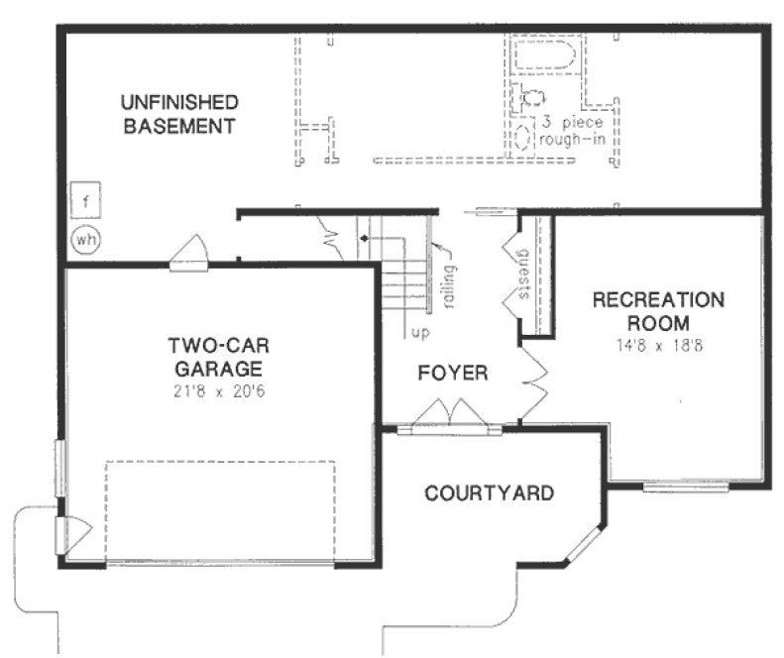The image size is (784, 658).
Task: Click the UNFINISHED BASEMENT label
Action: point(179,114)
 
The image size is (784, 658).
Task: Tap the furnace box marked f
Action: point(86,203)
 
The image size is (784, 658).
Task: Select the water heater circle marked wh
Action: point(86,238)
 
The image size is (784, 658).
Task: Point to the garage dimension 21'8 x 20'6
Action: point(220,391)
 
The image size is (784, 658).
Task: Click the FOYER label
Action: point(452,374)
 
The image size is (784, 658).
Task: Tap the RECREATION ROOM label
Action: point(658,311)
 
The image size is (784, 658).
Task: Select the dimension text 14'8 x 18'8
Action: point(658,347)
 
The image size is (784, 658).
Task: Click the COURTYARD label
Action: point(489,493)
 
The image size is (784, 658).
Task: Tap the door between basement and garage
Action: point(189,254)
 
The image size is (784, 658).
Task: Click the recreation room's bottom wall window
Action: point(685,487)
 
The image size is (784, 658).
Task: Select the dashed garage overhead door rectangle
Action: point(219,510)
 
